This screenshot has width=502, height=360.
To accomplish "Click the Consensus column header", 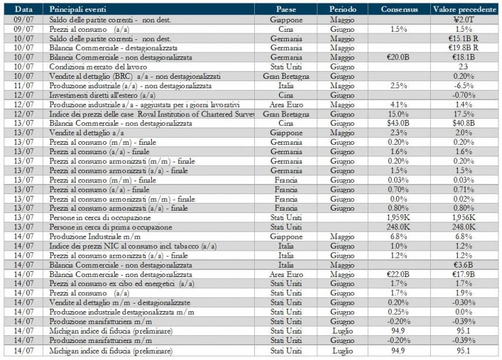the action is (x=399, y=9).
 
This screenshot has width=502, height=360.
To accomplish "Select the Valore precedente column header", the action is (x=464, y=9).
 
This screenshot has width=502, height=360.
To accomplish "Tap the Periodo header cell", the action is (x=343, y=9).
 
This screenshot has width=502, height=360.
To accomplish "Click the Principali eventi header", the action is (x=78, y=9).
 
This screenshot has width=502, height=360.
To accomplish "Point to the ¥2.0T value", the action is (x=464, y=19).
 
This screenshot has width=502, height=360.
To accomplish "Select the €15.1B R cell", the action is (x=464, y=38).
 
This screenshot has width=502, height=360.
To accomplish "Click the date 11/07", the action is (x=24, y=86).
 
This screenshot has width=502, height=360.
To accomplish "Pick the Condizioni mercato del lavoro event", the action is (x=98, y=67).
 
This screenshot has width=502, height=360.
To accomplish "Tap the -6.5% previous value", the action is (x=464, y=86).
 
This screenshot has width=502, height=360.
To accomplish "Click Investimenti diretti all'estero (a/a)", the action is (x=102, y=95).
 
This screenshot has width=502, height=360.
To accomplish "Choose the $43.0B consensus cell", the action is (x=398, y=123).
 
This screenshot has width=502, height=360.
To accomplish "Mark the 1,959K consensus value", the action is (x=398, y=218).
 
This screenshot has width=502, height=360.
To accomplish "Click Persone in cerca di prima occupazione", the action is (x=111, y=227).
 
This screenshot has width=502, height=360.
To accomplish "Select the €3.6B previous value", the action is (x=464, y=265).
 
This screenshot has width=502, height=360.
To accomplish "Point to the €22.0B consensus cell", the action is (x=398, y=275).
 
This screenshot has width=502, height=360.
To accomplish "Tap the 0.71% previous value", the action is (x=464, y=189).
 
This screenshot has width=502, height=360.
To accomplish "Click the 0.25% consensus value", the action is (x=398, y=312).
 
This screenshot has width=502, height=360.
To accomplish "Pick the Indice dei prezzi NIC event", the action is (x=133, y=246).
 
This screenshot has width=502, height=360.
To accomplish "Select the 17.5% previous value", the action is (x=464, y=114).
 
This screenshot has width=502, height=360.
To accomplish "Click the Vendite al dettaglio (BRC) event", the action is (x=135, y=76).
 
